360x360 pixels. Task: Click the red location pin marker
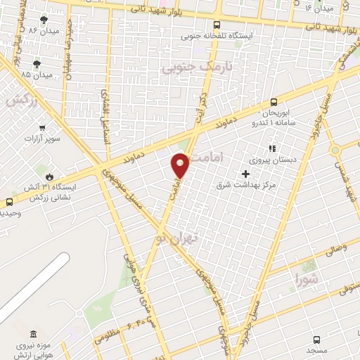181,165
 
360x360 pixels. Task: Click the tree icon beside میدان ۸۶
44,20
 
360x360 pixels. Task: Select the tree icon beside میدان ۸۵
27,63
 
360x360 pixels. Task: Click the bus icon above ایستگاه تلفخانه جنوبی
218,24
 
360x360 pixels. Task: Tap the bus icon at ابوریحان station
274,101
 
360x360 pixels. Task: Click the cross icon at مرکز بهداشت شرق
245,174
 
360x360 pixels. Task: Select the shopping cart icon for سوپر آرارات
44,128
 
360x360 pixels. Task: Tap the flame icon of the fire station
49,176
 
